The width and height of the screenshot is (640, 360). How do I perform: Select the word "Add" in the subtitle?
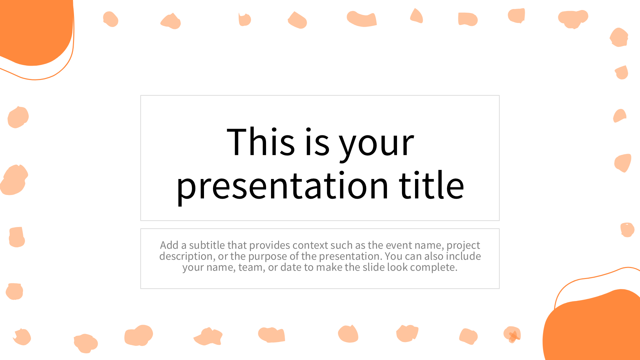(169, 245)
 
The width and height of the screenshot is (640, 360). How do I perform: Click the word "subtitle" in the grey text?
(207, 245)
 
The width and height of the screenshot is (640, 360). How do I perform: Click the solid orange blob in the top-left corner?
(33, 30)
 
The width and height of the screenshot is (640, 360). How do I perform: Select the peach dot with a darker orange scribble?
(512, 334)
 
